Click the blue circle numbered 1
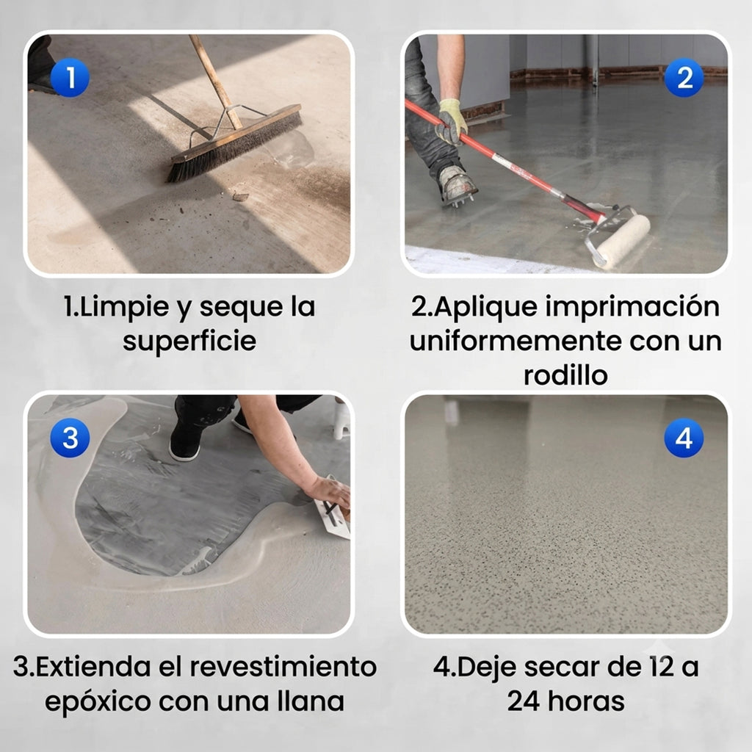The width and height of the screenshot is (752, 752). coord(70,77)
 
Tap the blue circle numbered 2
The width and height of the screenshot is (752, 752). coord(684,77)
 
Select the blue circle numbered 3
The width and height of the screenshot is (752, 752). coord(70,438)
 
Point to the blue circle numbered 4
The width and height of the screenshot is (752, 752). coord(684,438)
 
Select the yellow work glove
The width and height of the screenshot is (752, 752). coord(452,122)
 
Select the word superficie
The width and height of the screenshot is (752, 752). coord(189,341)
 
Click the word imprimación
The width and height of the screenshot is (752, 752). coord(632,308)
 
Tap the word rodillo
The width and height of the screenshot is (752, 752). coord(565,375)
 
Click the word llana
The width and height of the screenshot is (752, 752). coord(311,701)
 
